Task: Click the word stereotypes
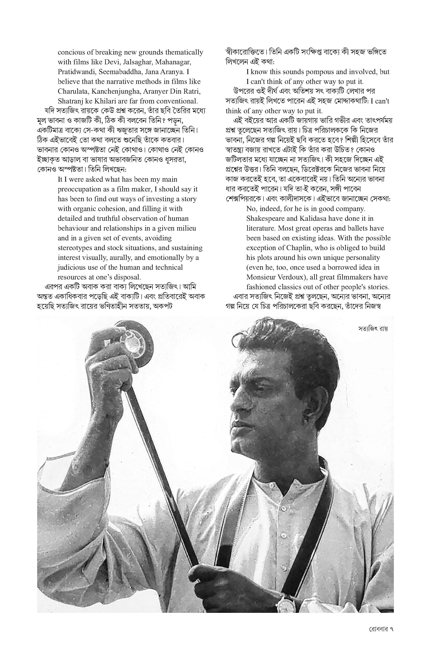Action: [76, 248]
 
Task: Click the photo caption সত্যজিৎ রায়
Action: [373, 329]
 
